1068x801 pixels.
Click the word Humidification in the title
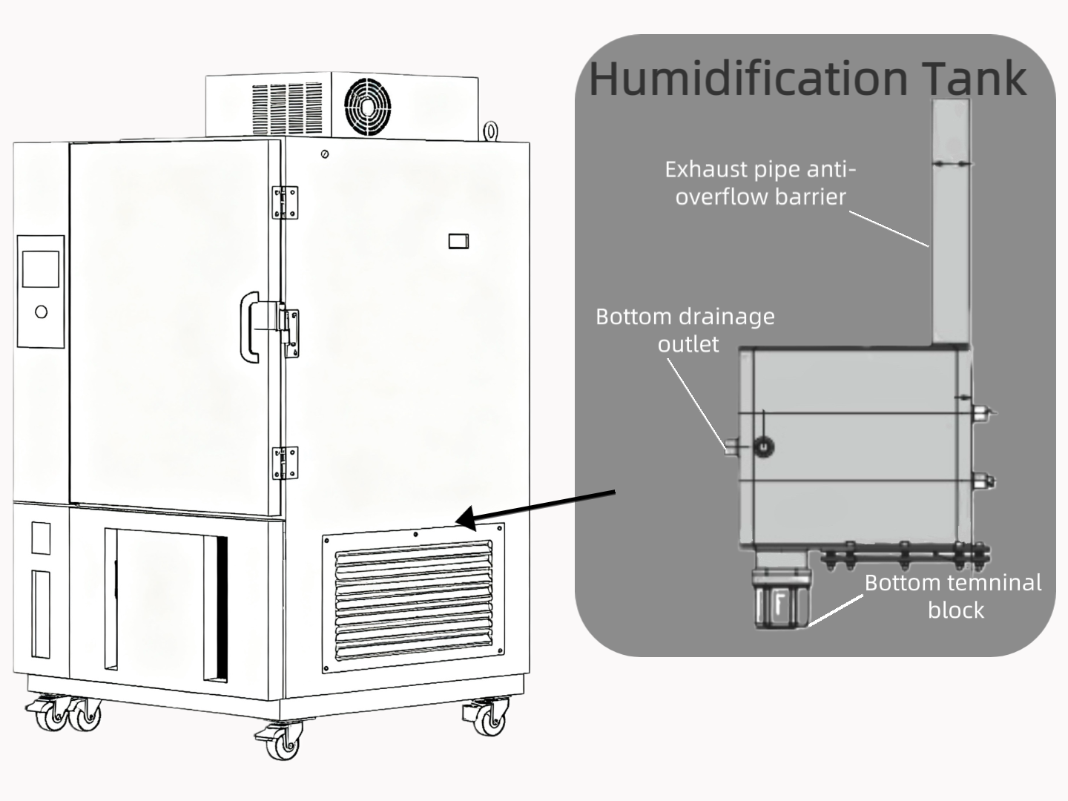[x=748, y=78]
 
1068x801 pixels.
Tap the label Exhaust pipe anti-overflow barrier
[x=760, y=183]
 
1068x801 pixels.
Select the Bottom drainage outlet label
[x=685, y=330]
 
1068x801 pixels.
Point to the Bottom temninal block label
[x=953, y=596]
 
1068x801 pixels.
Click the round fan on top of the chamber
[x=367, y=107]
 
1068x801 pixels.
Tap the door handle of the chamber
[x=250, y=327]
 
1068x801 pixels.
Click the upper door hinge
[x=285, y=202]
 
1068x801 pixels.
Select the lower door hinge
[x=285, y=463]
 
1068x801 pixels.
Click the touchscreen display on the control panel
[x=41, y=269]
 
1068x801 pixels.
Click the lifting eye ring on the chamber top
[x=491, y=131]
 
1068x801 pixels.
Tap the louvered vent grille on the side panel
[x=414, y=599]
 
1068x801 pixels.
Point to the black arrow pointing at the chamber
[x=535, y=508]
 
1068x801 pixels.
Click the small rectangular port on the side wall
[x=458, y=241]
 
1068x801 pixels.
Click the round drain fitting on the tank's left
[x=763, y=446]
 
